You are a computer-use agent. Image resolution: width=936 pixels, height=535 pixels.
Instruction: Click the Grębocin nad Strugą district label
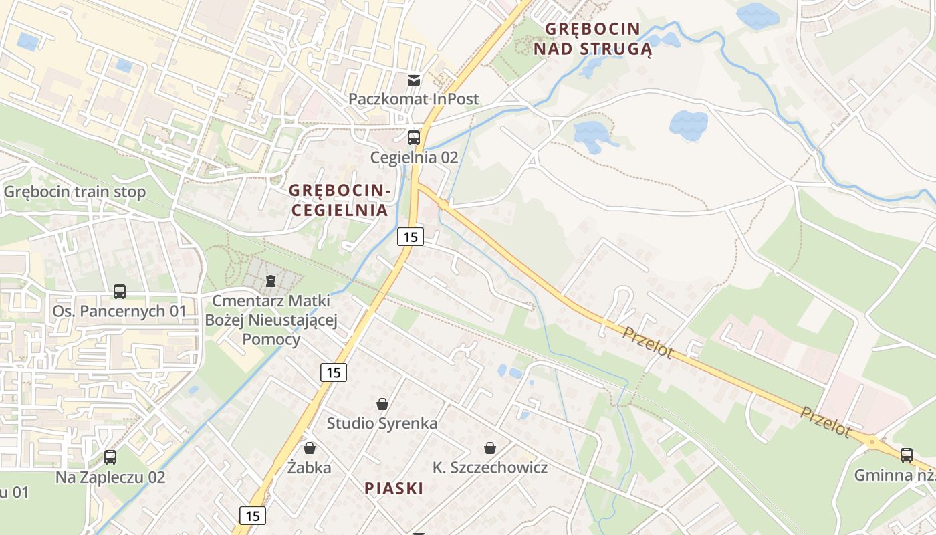click(592, 39)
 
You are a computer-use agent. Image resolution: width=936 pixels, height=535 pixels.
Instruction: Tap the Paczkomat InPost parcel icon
click(414, 81)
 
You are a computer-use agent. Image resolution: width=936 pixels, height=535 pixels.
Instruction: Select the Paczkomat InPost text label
click(413, 99)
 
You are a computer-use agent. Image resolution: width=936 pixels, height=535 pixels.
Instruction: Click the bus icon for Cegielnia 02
click(414, 138)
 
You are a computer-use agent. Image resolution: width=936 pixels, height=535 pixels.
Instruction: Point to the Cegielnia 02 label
click(415, 158)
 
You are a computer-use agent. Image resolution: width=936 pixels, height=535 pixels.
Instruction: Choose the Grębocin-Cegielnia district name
click(338, 200)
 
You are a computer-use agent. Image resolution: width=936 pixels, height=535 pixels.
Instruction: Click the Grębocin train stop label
click(75, 192)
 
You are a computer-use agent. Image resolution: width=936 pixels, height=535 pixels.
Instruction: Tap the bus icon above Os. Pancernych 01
click(120, 292)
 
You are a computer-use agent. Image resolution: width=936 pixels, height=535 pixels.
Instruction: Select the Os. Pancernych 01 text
click(120, 311)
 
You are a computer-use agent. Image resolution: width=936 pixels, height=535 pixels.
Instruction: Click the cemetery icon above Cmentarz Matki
click(271, 280)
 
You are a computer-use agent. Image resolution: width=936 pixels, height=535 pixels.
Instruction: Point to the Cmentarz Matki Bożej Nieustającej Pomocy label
click(271, 320)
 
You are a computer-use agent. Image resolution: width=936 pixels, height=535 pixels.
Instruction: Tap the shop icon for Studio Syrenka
click(382, 404)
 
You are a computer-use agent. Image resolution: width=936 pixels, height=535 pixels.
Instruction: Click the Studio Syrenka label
click(382, 423)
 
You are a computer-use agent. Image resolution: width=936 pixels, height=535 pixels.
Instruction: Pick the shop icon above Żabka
click(309, 448)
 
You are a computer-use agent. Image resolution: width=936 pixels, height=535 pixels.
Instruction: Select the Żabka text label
click(309, 467)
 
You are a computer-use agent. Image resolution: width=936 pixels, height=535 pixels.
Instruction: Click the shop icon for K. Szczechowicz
click(490, 448)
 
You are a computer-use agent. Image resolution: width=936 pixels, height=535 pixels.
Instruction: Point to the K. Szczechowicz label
click(490, 467)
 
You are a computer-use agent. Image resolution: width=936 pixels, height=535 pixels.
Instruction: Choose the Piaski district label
click(394, 488)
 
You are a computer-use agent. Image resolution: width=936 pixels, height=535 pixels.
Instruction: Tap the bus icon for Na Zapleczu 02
click(110, 457)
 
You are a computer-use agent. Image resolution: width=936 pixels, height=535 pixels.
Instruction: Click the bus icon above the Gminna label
click(907, 455)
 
